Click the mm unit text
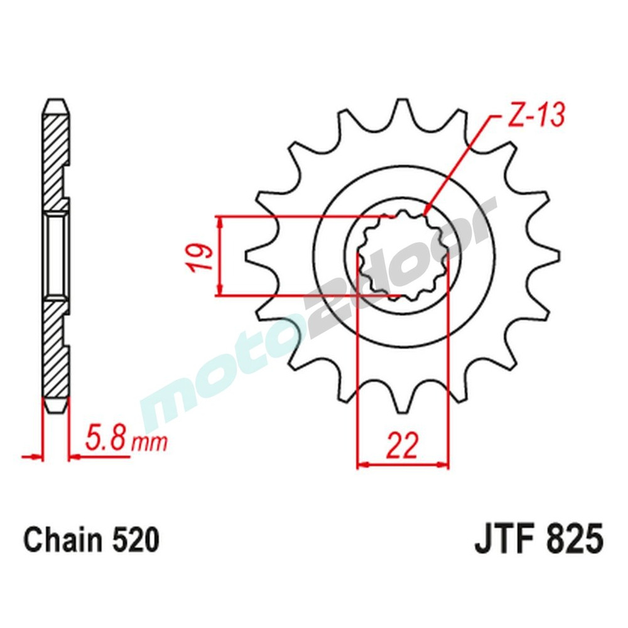pos(151,443)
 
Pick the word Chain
pos(60,540)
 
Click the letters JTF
pos(502,540)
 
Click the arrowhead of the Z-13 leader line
pos(427,212)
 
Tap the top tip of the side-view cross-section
pos(55,102)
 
